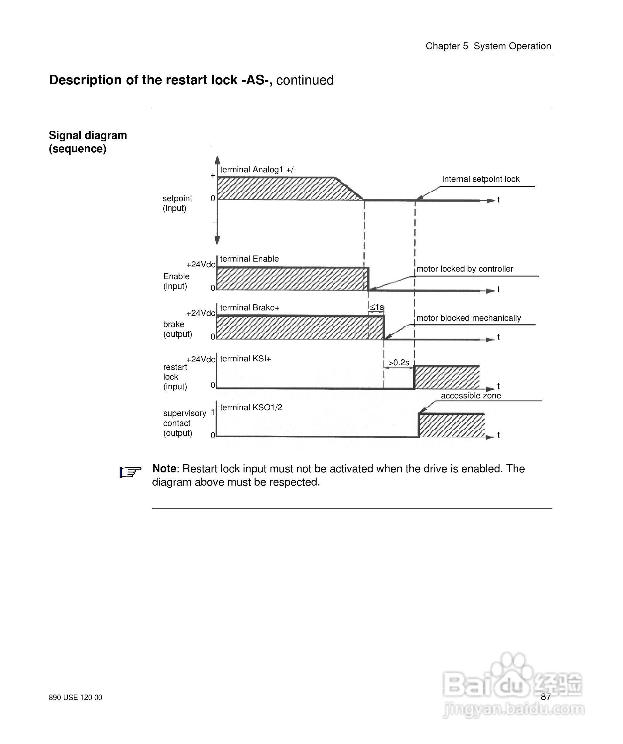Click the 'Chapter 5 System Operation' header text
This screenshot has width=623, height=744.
pyautogui.click(x=488, y=46)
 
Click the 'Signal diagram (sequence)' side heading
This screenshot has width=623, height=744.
pyautogui.click(x=87, y=142)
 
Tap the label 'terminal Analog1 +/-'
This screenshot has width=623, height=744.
pyautogui.click(x=258, y=170)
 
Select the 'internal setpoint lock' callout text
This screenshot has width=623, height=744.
pyautogui.click(x=481, y=179)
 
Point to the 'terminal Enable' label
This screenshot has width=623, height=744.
pyautogui.click(x=249, y=259)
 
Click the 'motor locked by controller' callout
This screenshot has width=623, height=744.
pyautogui.click(x=465, y=269)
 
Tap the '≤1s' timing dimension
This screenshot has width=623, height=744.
pyautogui.click(x=376, y=307)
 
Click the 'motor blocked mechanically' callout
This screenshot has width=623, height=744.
pyautogui.click(x=468, y=318)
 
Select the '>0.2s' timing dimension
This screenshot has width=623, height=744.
pyautogui.click(x=399, y=363)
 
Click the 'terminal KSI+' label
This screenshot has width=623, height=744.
pyautogui.click(x=245, y=359)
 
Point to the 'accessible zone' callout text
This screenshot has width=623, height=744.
pyautogui.click(x=471, y=396)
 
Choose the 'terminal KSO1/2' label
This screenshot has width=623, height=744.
pyautogui.click(x=251, y=408)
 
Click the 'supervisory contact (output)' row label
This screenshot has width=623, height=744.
pyautogui.click(x=184, y=423)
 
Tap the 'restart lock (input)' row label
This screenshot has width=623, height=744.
pyautogui.click(x=175, y=377)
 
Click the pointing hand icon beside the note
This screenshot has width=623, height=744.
pyautogui.click(x=130, y=472)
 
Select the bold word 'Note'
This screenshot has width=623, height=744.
pyautogui.click(x=164, y=469)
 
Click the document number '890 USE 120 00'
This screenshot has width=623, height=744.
pyautogui.click(x=76, y=698)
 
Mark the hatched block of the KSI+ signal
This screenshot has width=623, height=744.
pyautogui.click(x=446, y=378)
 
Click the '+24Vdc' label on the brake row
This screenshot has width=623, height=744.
pyautogui.click(x=201, y=313)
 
